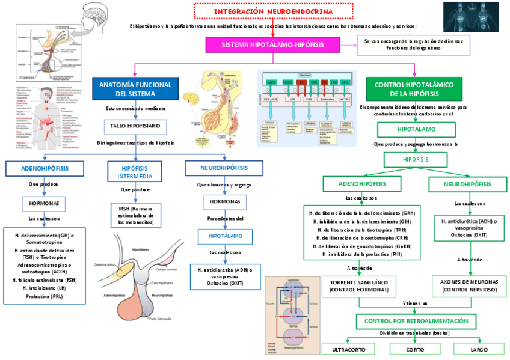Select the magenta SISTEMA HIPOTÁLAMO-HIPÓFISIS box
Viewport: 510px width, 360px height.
[272, 45]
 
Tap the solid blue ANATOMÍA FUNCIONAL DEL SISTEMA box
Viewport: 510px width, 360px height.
[135, 89]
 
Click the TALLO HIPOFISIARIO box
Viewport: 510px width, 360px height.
[135, 126]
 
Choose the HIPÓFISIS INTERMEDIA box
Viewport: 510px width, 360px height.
[135, 172]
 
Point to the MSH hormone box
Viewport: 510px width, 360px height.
[135, 215]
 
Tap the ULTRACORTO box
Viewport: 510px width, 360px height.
[348, 349]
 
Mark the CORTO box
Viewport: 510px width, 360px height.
[410, 349]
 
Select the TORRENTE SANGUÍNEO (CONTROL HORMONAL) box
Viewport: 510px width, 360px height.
[351, 285]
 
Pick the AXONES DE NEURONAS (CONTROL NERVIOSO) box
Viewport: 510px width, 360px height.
[469, 285]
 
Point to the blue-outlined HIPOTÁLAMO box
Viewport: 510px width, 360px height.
[226, 236]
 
